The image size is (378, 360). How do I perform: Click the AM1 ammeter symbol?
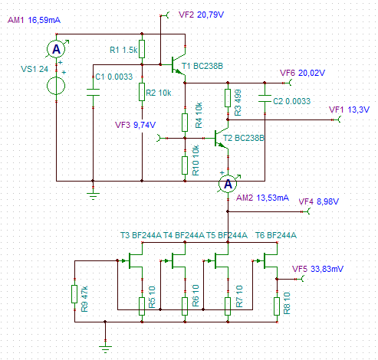point(57,49)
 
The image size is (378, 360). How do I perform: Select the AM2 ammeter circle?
point(228,184)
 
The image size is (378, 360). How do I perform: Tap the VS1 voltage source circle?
point(56,86)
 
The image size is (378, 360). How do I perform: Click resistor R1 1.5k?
point(142,49)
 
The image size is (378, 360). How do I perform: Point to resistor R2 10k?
point(142,92)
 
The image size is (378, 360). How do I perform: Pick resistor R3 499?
point(228,98)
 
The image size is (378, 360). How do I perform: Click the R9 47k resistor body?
point(74,294)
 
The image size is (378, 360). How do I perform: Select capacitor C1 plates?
point(93,92)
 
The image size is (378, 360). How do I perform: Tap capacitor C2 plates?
point(265,98)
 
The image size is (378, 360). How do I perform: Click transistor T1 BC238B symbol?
point(178,64)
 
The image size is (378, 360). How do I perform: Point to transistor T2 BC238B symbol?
point(222,138)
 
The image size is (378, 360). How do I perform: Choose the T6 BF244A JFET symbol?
point(268,260)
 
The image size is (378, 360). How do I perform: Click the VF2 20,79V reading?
point(201,15)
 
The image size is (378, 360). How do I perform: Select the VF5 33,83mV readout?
point(317,269)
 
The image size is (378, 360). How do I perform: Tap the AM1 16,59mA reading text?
point(34,20)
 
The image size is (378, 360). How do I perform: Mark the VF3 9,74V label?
point(135,125)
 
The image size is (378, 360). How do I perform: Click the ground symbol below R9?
point(105,349)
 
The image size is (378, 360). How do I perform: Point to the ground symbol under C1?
point(93,195)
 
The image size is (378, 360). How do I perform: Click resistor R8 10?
point(277,306)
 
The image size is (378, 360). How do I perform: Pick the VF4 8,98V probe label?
point(319,201)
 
